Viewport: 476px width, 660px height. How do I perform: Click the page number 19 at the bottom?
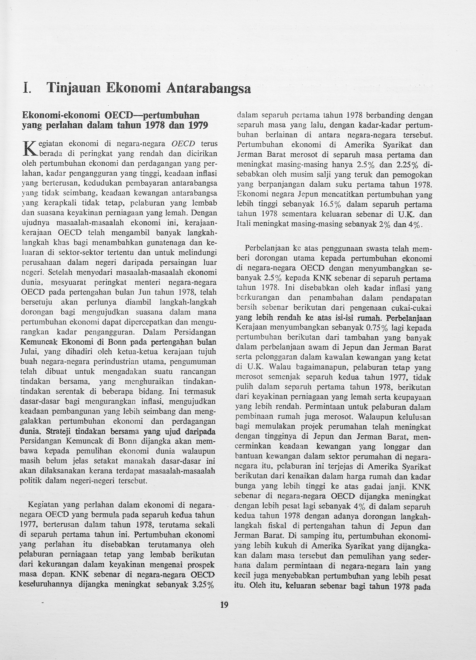224,605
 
